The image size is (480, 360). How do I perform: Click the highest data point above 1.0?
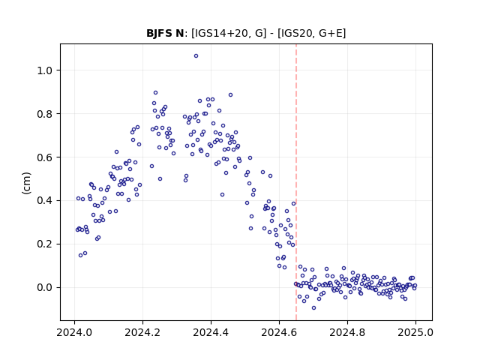pyautogui.click(x=196, y=55)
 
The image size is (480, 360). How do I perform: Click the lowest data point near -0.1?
pyautogui.click(x=313, y=308)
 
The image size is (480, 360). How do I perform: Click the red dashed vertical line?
pyautogui.click(x=296, y=182)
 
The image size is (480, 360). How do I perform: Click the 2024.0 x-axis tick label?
pyautogui.click(x=74, y=332)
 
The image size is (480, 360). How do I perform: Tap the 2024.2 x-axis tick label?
pyautogui.click(x=142, y=332)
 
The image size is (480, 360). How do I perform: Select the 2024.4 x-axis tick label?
pyautogui.click(x=211, y=332)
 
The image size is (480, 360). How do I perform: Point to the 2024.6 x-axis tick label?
pyautogui.click(x=279, y=332)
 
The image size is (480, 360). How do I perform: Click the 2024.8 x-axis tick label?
pyautogui.click(x=347, y=332)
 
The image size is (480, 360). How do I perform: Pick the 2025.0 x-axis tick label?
pyautogui.click(x=415, y=332)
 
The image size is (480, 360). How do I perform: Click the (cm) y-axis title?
pyautogui.click(x=27, y=183)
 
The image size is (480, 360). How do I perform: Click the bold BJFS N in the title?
pyautogui.click(x=165, y=33)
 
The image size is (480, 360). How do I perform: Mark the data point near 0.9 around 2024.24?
pyautogui.click(x=155, y=92)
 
